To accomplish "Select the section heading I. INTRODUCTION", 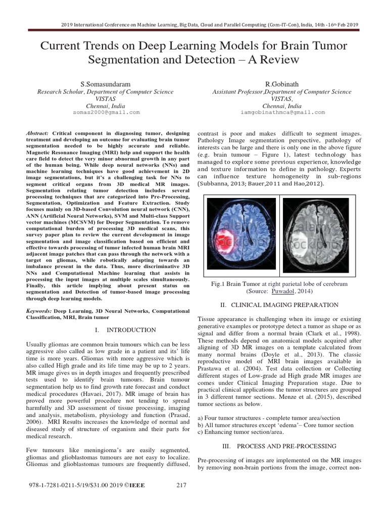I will (125, 330).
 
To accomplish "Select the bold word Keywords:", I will (39, 312).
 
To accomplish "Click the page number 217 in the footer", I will (182, 486).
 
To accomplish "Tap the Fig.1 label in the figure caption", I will (219, 284).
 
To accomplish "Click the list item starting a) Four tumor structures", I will (268, 418).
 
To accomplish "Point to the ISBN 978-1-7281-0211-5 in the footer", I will (61, 486).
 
